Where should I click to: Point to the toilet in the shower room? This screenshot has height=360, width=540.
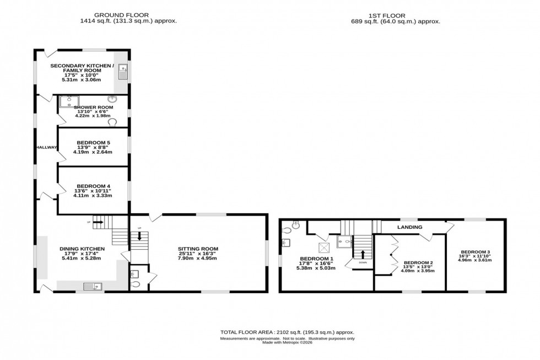113,122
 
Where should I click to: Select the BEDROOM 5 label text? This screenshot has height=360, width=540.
93,142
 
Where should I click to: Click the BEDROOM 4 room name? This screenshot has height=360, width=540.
93,185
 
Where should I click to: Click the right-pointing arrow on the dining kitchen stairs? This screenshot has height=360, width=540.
99,222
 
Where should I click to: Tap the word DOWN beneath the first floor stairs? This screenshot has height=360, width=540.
362,263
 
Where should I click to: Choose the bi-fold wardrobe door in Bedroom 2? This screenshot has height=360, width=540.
393,254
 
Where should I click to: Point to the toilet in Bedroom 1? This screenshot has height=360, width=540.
296,224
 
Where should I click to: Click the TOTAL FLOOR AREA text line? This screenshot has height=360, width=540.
287,332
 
